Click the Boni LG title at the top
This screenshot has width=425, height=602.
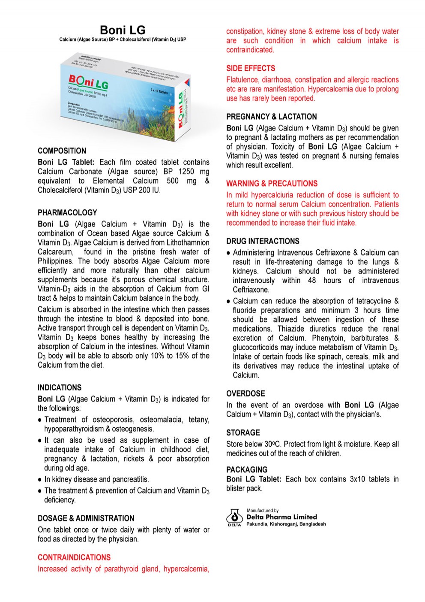tap(123, 30)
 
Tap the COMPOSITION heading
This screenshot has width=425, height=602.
tap(62, 151)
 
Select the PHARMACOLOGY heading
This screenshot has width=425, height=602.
tap(67, 213)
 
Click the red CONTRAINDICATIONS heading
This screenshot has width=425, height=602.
tap(74, 557)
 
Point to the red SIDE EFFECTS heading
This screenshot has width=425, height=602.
tap(251, 68)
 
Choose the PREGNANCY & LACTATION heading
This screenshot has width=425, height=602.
tap(272, 117)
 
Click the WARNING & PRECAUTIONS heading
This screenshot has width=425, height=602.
tap(272, 184)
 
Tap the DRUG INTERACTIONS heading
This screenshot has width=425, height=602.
tap(263, 242)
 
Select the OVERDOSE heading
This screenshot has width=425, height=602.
tap(245, 394)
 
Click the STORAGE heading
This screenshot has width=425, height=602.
tap(243, 433)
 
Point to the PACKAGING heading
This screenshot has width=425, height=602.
tap(247, 470)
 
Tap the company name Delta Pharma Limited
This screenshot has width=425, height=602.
tap(281, 517)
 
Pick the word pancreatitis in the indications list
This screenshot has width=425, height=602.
tap(127, 480)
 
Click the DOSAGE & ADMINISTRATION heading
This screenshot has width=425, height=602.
tap(86, 518)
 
